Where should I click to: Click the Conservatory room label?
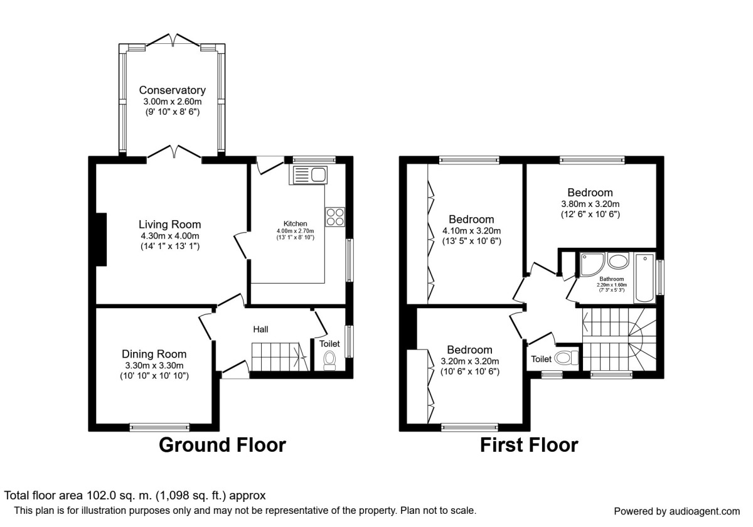(172, 90)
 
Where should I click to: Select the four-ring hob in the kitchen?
(335, 216)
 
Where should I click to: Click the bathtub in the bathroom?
(644, 278)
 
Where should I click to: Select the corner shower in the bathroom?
(592, 264)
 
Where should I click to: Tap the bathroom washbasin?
(618, 262)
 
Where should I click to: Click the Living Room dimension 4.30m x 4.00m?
(169, 236)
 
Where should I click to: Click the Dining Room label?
(154, 354)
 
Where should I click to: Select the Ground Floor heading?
(222, 445)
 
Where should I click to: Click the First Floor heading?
(528, 445)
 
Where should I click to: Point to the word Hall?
(262, 329)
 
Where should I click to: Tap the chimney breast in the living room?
(100, 240)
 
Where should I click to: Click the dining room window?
(159, 427)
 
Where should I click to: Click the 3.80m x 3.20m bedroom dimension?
(590, 204)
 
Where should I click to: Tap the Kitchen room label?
(295, 223)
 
